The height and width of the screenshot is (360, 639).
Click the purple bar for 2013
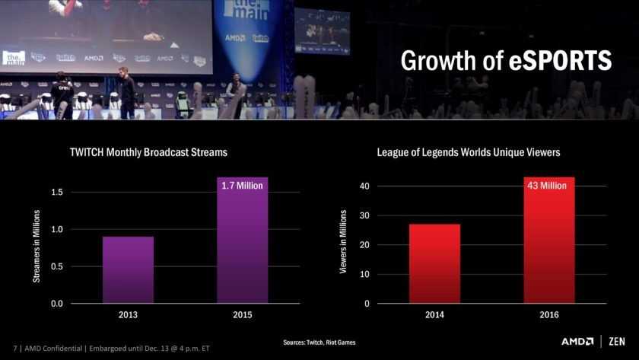pyautogui.click(x=128, y=269)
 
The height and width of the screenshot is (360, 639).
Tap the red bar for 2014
pyautogui.click(x=434, y=263)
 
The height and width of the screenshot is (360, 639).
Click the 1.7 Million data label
pyautogui.click(x=242, y=186)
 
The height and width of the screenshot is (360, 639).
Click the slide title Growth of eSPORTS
pyautogui.click(x=506, y=61)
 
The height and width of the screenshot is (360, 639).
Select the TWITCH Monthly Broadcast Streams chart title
pyautogui.click(x=148, y=152)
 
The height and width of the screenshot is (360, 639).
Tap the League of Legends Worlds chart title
pyautogui.click(x=468, y=152)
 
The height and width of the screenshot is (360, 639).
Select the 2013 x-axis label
pyautogui.click(x=128, y=314)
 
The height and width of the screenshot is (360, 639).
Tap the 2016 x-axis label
pyautogui.click(x=548, y=314)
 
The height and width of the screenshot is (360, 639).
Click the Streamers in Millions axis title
pyautogui.click(x=37, y=247)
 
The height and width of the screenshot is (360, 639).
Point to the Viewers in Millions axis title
pyautogui.click(x=342, y=243)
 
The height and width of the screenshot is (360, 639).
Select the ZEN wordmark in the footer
pyautogui.click(x=617, y=342)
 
